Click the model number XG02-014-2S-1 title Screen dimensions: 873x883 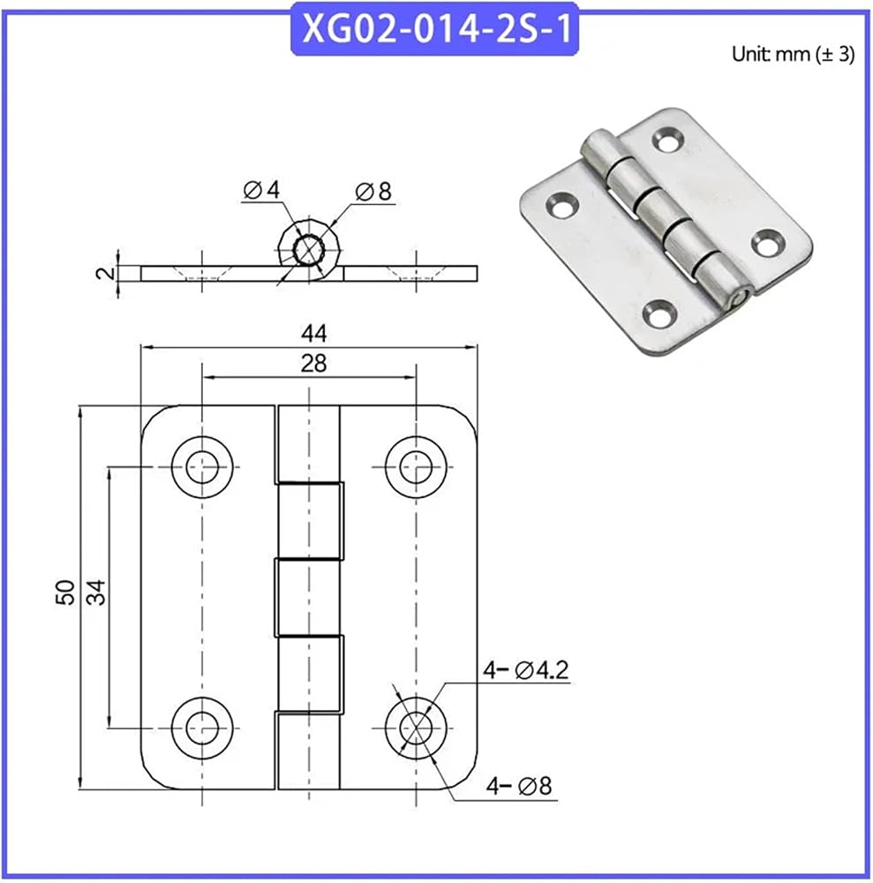click(435, 29)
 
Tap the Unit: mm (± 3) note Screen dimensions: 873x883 click(793, 54)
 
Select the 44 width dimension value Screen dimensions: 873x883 click(313, 334)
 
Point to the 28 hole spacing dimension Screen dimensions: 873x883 click(313, 364)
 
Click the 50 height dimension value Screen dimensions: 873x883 click(65, 592)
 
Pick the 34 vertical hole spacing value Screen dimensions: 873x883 click(96, 592)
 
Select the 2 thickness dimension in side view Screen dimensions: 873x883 click(105, 274)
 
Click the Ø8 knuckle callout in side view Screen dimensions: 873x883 click(373, 192)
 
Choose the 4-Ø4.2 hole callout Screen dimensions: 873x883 click(526, 670)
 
